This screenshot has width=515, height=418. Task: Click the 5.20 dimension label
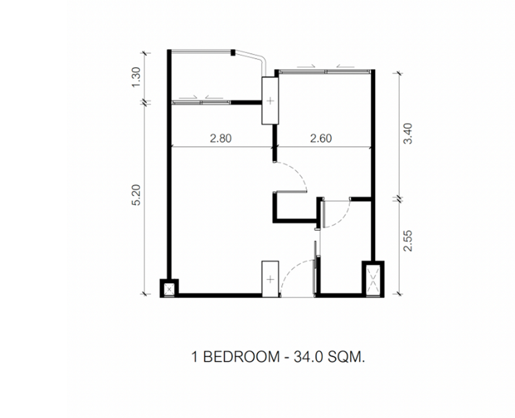[137, 195]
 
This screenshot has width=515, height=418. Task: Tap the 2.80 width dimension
[221, 139]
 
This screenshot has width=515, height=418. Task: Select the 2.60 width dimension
[321, 139]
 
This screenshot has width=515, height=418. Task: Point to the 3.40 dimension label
[408, 134]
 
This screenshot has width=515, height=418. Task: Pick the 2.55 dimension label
[408, 241]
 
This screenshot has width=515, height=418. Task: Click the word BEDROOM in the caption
[241, 357]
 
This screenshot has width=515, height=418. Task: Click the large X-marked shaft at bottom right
[373, 279]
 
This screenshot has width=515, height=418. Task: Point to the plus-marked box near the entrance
[270, 279]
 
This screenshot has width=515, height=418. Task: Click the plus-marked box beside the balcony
[270, 100]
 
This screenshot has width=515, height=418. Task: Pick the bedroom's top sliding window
[324, 72]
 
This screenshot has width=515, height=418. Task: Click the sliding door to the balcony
[201, 103]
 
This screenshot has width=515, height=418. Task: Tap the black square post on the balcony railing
[233, 52]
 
